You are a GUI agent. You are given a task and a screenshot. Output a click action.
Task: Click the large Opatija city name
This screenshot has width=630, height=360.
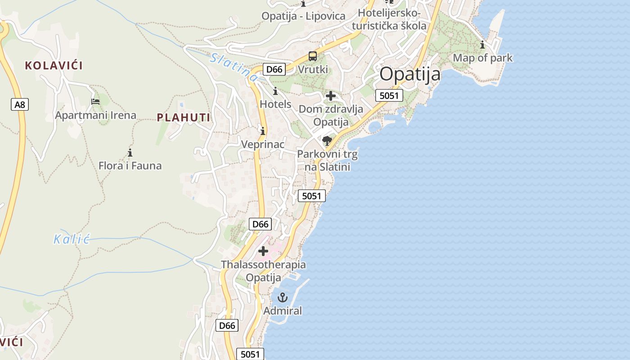pos(410,74)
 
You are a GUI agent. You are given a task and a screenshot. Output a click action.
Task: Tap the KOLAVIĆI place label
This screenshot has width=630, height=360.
pos(54,66)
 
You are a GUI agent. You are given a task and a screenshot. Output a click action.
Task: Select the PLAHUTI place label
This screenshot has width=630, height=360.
pos(184,118)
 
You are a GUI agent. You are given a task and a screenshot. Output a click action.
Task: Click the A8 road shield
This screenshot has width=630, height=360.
pos(20,105)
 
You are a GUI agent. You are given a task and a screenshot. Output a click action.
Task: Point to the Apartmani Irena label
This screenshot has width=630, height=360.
pos(95,115)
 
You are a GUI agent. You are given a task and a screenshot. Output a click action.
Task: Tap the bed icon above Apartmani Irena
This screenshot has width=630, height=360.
pos(95,101)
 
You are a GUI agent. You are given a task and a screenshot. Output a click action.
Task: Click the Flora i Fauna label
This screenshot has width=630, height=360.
pos(130,166)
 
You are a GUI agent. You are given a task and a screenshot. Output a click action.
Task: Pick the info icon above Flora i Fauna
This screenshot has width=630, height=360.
pos(130,153)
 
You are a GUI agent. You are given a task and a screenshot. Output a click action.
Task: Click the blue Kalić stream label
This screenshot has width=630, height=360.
pos(72,239)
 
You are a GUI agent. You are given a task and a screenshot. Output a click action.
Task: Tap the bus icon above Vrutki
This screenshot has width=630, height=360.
pos(312,56)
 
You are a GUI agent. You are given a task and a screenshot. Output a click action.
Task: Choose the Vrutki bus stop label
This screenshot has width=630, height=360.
pos(313,70)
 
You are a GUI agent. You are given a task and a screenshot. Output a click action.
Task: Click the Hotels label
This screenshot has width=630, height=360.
pos(275,104)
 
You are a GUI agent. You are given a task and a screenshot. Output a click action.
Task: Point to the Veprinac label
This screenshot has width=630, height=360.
pos(263,144)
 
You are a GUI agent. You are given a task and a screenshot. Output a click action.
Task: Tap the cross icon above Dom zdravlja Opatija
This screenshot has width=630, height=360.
pos(331,96)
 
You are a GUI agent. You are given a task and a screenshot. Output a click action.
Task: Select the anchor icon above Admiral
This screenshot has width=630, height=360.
pos(282,297)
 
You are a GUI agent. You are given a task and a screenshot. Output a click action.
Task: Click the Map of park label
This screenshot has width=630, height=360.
pos(482,58)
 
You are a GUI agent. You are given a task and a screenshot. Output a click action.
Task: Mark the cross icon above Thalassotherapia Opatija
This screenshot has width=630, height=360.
pos(263,251)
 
